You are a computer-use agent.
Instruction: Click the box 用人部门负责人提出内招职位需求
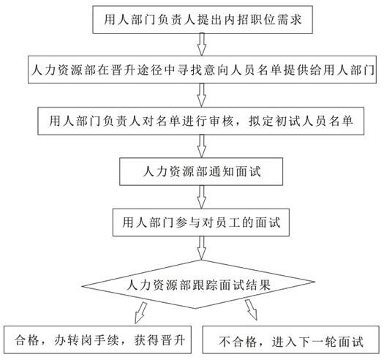[203, 20]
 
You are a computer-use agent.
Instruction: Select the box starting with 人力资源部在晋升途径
[202, 70]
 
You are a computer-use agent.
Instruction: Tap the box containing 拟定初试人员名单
[201, 121]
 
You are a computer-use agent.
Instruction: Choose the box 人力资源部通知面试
[201, 171]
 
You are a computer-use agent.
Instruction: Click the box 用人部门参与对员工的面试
[201, 222]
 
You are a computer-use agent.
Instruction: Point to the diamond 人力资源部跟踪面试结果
[198, 284]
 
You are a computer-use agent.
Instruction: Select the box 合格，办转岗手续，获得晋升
[98, 340]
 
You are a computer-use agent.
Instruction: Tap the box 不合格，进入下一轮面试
[290, 340]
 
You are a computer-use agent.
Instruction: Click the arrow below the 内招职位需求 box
[202, 45]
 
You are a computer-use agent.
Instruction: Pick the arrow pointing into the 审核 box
[202, 95]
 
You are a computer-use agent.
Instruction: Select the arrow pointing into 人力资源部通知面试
[202, 146]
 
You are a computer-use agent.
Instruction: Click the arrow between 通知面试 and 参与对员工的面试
[202, 197]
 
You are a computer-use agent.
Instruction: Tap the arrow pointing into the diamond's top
[202, 248]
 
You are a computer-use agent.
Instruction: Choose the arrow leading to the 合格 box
[140, 312]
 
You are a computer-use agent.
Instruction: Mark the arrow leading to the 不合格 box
[252, 310]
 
